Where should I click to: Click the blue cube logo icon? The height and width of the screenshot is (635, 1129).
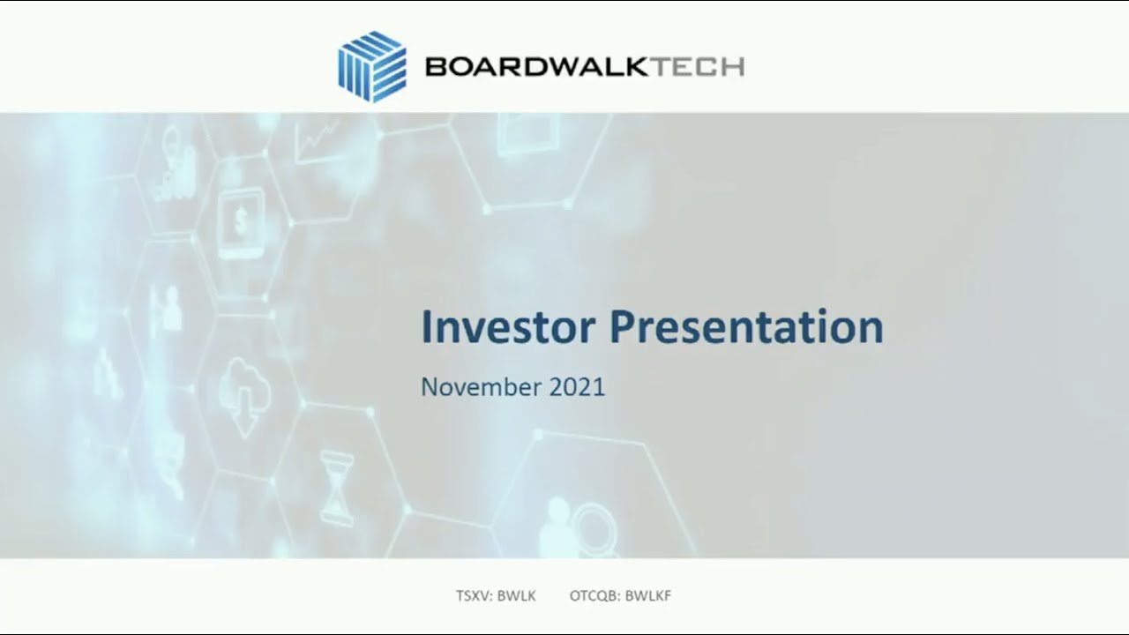372,66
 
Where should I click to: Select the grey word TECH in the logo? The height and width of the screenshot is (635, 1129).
697,67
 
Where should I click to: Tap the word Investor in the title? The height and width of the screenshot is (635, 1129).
507,327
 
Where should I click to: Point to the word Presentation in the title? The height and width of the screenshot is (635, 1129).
746,327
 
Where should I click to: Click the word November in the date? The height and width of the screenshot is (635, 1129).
482,387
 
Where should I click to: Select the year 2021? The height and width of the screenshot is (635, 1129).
577,387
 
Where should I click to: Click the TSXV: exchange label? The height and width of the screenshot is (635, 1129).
474,596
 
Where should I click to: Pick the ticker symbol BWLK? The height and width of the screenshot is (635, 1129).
516,596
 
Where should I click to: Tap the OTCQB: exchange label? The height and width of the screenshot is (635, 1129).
594,596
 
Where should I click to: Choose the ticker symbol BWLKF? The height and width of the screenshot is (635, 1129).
648,596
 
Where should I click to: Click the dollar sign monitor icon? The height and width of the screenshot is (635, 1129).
241,221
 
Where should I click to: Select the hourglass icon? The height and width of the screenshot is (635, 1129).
337,484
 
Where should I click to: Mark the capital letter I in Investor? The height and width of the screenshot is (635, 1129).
426,327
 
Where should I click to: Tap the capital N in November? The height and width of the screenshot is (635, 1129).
429,387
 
